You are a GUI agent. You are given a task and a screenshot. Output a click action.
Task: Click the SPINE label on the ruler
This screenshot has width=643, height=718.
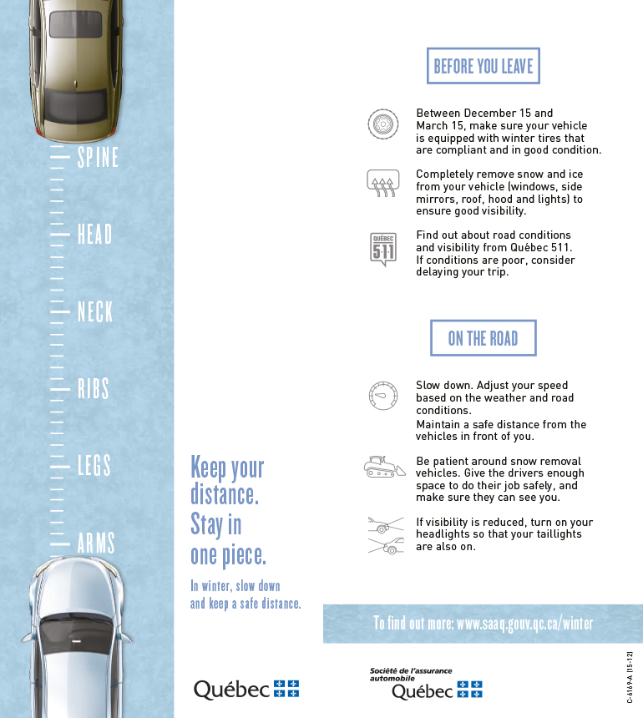coord(98,157)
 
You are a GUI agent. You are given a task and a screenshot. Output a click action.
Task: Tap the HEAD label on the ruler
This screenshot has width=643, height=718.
coord(94,235)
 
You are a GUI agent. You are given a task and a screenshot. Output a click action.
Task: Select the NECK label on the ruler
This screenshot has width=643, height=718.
coord(95,312)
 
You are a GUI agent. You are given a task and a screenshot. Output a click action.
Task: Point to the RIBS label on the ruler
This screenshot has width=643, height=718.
coord(94,389)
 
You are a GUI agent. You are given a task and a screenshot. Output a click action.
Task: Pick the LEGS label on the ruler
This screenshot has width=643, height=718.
coord(94,466)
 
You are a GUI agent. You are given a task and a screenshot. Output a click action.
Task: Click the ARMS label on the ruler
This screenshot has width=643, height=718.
coord(96,544)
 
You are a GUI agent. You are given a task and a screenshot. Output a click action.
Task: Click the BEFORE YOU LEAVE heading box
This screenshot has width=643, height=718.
coord(484,66)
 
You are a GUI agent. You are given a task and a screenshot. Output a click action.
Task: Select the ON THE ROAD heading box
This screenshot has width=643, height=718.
coord(483,338)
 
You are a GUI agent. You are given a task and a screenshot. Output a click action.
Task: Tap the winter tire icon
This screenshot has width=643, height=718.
coord(382,124)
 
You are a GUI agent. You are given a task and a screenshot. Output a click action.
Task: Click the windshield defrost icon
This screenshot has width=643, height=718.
coord(382,183)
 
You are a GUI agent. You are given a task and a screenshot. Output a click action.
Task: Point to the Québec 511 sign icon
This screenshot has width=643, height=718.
coord(382,249)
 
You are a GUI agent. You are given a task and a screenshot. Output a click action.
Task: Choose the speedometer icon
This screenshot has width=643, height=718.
coord(382,395)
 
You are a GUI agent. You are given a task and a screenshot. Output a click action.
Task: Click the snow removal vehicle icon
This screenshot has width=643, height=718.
coord(384,468)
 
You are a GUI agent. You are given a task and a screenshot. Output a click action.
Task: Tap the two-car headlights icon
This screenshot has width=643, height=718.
coord(384,535)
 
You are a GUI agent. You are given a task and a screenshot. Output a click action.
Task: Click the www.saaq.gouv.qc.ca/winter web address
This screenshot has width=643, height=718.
coord(524,624)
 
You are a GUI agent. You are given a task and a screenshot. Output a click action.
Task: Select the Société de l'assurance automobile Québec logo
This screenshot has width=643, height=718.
coord(426,683)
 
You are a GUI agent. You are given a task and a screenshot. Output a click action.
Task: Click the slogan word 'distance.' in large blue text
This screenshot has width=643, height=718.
coord(225,495)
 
